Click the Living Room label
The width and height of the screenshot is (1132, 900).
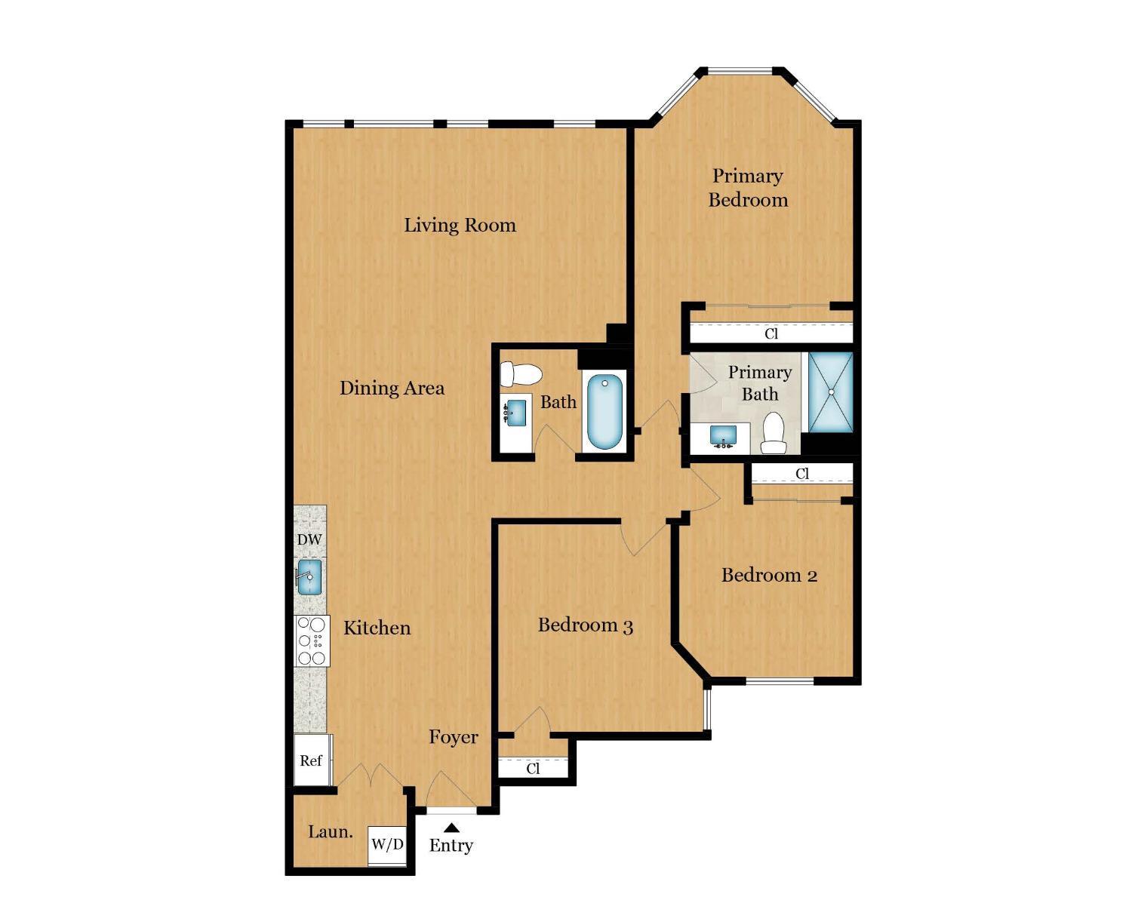[x=460, y=225]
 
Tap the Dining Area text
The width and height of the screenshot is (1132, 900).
[x=392, y=388]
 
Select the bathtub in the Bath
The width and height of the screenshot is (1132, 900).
[x=604, y=411]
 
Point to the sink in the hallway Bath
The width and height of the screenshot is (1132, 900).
[x=515, y=413]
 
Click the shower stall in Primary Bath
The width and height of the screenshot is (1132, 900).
[x=830, y=392]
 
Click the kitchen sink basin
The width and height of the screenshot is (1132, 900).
[x=309, y=576]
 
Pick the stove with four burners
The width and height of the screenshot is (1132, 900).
[x=311, y=640]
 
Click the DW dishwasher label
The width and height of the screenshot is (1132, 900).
[x=309, y=539]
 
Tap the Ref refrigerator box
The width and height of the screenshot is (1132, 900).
[x=311, y=760]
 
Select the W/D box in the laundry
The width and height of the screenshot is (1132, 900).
[x=387, y=844]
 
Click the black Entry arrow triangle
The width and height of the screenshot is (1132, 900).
[x=451, y=828]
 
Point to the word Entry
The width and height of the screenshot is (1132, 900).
[x=451, y=846]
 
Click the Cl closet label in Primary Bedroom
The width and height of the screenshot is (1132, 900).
[x=771, y=333]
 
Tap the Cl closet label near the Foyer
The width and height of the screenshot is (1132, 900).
[x=533, y=769]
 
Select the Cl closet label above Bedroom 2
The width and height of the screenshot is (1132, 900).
[x=802, y=474]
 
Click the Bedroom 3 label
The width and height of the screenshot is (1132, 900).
[x=585, y=625]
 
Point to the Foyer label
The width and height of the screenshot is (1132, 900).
[x=454, y=737]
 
